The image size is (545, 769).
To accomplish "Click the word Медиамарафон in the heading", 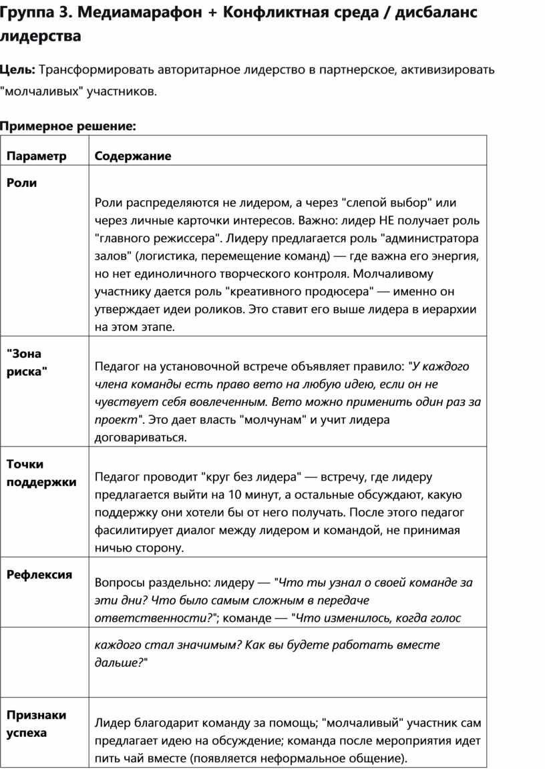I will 132,13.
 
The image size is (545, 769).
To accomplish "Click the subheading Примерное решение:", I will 67,125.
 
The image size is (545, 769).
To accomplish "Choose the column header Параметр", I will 37,156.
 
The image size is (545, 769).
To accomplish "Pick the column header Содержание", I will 133,156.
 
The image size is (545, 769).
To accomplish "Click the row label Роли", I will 21,183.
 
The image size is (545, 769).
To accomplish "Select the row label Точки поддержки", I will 41,473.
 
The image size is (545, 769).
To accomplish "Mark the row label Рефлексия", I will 39,574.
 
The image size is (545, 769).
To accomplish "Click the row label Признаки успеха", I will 36,724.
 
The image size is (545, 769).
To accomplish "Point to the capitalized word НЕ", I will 387,220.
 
